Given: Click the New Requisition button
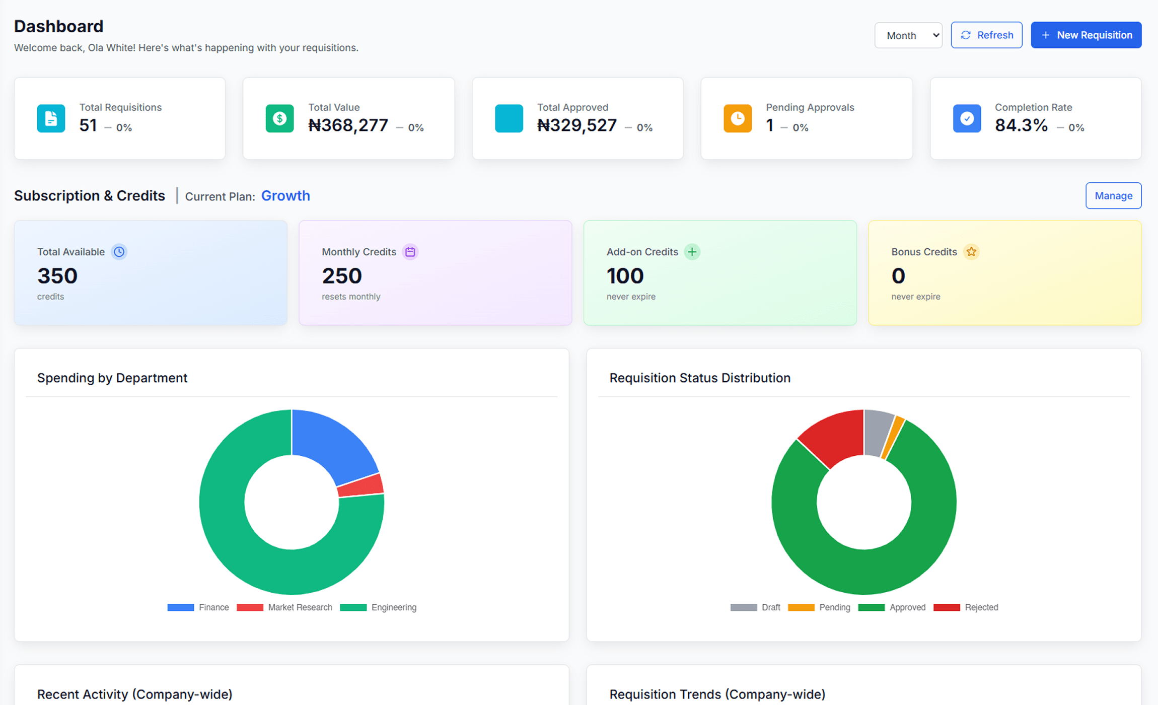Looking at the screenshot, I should (x=1085, y=35).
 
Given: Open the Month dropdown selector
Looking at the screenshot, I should (x=908, y=35).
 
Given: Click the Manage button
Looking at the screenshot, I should (x=1113, y=196).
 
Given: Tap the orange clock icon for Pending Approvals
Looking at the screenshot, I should (x=737, y=118).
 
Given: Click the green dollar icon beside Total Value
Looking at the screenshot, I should (x=279, y=118).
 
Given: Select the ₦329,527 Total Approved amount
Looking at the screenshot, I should (x=576, y=125).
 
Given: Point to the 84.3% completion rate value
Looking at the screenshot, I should (x=1021, y=125).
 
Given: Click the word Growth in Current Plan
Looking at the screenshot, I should (x=285, y=196).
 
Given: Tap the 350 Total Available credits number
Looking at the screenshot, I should (x=57, y=276).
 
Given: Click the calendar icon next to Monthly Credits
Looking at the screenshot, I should (x=410, y=252).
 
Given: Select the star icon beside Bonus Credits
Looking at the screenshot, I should (x=971, y=252).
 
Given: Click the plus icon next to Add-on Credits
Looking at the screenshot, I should (x=692, y=252).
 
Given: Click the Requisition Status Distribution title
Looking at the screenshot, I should (x=699, y=378).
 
